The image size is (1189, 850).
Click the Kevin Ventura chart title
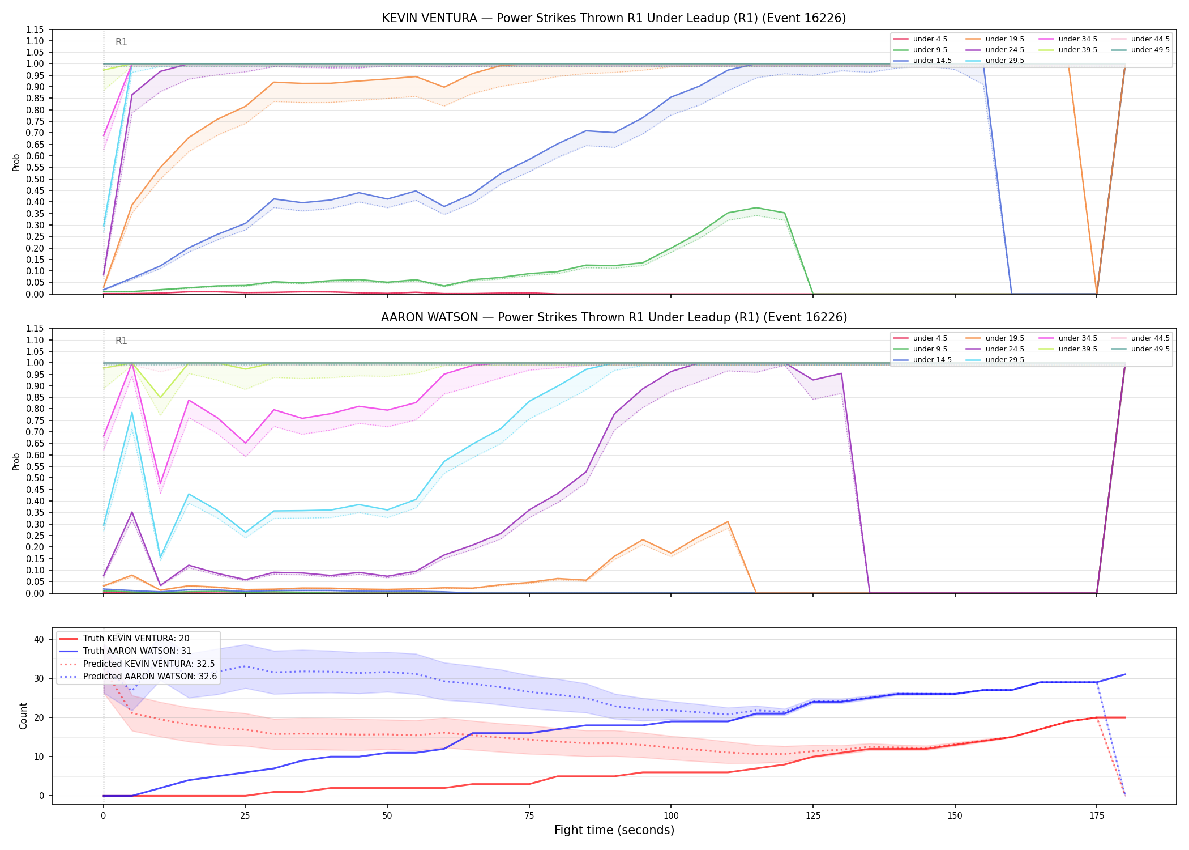[x=614, y=18]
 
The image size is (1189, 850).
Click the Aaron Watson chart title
[x=614, y=317]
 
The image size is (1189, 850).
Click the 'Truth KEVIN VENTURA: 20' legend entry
[x=136, y=639]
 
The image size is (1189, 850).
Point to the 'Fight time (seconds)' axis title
[x=614, y=830]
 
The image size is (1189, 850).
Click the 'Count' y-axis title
[x=23, y=716]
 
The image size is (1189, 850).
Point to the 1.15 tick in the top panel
[x=35, y=29]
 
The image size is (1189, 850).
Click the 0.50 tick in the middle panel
[x=35, y=478]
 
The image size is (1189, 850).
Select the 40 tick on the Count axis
[x=39, y=639]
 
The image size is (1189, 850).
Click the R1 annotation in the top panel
[x=121, y=42]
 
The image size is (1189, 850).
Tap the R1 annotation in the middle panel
[x=121, y=341]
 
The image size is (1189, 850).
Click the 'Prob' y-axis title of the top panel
[x=16, y=162]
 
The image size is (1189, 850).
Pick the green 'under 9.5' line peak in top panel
[x=756, y=207]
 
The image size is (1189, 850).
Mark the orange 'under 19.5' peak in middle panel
[x=728, y=522]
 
